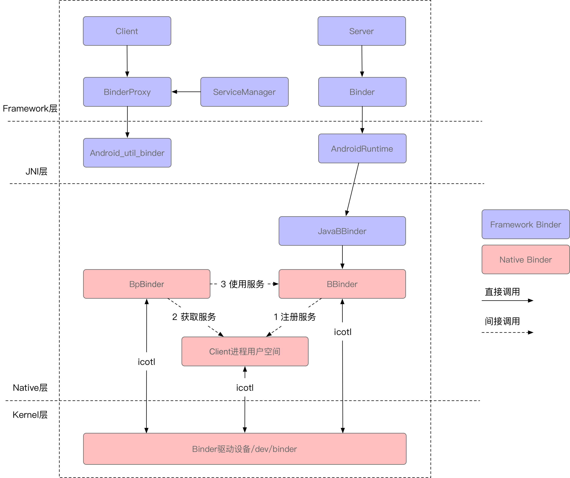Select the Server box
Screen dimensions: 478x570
coord(362,31)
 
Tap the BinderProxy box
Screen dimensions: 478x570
coord(127,92)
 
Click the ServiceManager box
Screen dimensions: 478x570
coord(244,92)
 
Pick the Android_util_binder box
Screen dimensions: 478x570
coord(127,153)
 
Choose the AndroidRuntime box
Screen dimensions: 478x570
coord(362,149)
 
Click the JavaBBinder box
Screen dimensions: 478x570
coord(342,231)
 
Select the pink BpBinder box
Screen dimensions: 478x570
coord(147,284)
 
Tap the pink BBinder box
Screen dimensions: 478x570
coord(342,284)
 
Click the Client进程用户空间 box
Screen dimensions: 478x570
coord(245,351)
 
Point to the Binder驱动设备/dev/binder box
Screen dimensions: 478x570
coord(245,449)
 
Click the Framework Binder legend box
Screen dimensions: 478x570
coord(525,224)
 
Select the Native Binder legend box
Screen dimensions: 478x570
coord(525,260)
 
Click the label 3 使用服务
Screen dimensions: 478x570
coord(242,284)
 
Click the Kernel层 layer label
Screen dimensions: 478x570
coord(30,415)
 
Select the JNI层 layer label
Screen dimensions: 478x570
coord(36,171)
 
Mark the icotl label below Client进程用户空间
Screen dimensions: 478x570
coord(245,388)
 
